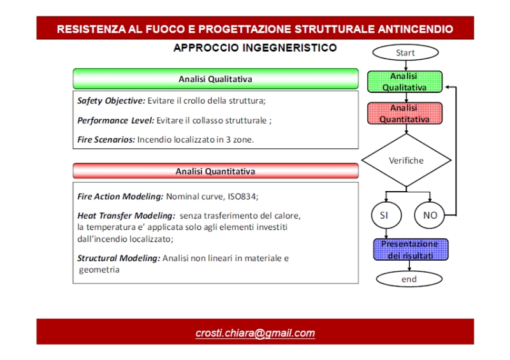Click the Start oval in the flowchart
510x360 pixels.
405,53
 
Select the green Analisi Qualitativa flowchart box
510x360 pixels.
404,82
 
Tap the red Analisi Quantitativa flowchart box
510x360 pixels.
404,113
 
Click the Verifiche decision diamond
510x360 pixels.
406,161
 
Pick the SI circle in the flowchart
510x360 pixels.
384,215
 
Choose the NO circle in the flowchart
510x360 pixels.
430,215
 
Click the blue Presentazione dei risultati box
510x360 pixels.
409,250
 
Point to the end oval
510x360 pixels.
409,279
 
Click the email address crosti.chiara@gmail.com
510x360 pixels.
255,333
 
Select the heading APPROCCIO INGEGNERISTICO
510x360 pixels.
255,48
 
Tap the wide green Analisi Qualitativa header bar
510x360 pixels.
215,79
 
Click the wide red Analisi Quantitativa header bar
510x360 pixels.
215,171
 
